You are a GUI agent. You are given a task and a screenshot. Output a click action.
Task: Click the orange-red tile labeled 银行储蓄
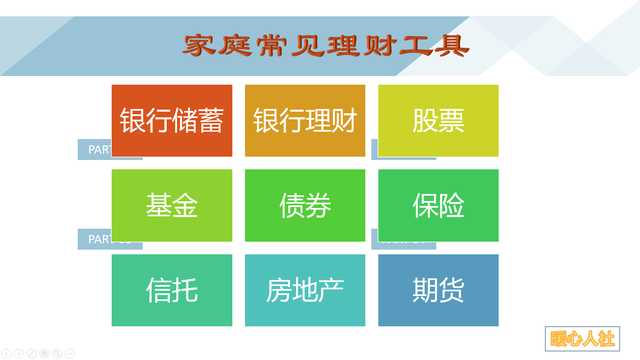[171, 120]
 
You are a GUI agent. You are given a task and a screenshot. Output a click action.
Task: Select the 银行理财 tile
[305, 120]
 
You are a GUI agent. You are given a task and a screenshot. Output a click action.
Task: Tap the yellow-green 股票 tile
[438, 120]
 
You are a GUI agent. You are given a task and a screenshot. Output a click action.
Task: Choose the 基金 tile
[171, 205]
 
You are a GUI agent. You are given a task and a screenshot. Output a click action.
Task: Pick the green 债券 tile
[305, 205]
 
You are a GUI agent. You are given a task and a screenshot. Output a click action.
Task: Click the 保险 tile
[438, 205]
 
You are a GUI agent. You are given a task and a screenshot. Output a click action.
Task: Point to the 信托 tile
[171, 290]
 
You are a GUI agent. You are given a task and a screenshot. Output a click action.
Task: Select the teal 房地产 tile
[305, 290]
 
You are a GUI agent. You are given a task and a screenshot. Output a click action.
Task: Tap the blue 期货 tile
[438, 290]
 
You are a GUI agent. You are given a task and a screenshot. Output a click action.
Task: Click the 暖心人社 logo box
[583, 337]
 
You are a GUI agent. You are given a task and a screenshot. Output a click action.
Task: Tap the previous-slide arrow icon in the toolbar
[6, 353]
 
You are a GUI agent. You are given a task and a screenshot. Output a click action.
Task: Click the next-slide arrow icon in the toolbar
[19, 353]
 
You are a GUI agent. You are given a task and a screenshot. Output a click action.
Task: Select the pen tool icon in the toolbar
[32, 353]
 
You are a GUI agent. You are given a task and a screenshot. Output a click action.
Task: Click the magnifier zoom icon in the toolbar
[57, 353]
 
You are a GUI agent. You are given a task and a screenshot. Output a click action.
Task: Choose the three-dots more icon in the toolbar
[70, 353]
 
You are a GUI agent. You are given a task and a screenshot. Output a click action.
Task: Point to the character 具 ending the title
[455, 44]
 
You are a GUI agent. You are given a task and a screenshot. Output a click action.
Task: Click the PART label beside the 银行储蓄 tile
[94, 150]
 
